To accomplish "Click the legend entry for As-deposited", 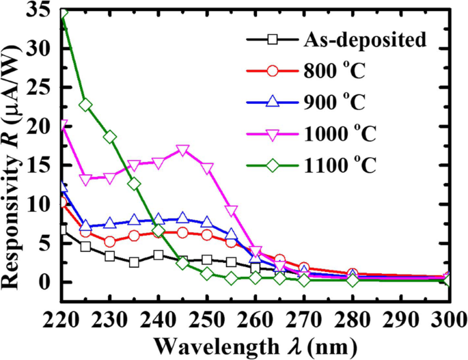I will pos(365,39).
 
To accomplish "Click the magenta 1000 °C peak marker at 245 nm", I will pos(182,151).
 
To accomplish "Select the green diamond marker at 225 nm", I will pos(86,105).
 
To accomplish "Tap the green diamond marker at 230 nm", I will pos(110,137).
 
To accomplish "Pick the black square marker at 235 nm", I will pos(134,262).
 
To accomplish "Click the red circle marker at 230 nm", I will pos(110,241).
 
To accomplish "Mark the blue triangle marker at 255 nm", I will pos(231,235).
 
